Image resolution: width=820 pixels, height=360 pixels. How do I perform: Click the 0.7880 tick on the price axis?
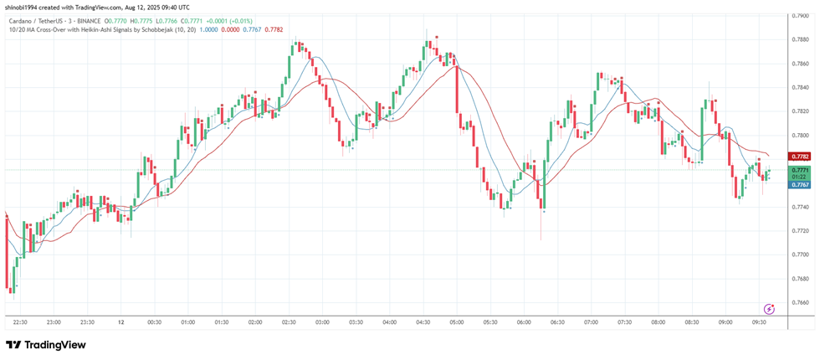pos(801,39)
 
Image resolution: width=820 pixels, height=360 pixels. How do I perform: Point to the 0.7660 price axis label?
pos(801,302)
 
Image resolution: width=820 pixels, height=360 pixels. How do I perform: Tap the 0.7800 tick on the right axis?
pos(801,135)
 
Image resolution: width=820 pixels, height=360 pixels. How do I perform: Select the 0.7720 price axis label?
pos(801,230)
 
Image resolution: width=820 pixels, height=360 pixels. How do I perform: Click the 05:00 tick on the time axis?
pos(456,321)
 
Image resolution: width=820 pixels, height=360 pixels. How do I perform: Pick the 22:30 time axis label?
pos(21,321)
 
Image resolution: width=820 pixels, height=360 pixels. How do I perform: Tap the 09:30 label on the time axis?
pos(759,321)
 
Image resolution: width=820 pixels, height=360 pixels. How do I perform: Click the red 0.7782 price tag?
pos(800,157)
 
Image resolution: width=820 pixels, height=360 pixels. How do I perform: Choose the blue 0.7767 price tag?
pos(800,184)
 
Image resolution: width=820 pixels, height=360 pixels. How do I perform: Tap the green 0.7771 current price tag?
pos(800,170)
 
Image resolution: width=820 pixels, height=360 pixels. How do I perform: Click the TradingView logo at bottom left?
pos(46,345)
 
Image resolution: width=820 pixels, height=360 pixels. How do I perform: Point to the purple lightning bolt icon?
pos(769,310)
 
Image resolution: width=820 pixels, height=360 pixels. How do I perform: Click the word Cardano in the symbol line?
pos(21,19)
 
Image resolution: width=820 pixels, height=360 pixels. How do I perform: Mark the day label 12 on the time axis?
pos(121,321)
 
